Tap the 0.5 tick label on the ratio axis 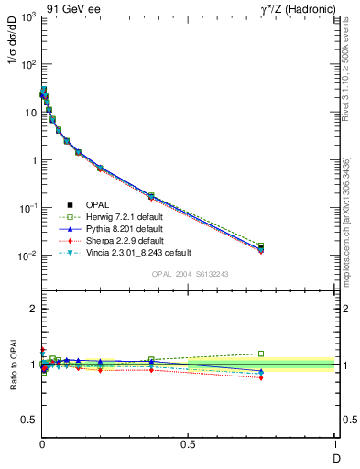pyautogui.click(x=27, y=420)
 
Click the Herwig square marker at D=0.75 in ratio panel pyautogui.click(x=261, y=354)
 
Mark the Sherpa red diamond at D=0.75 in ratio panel pyautogui.click(x=261, y=377)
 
